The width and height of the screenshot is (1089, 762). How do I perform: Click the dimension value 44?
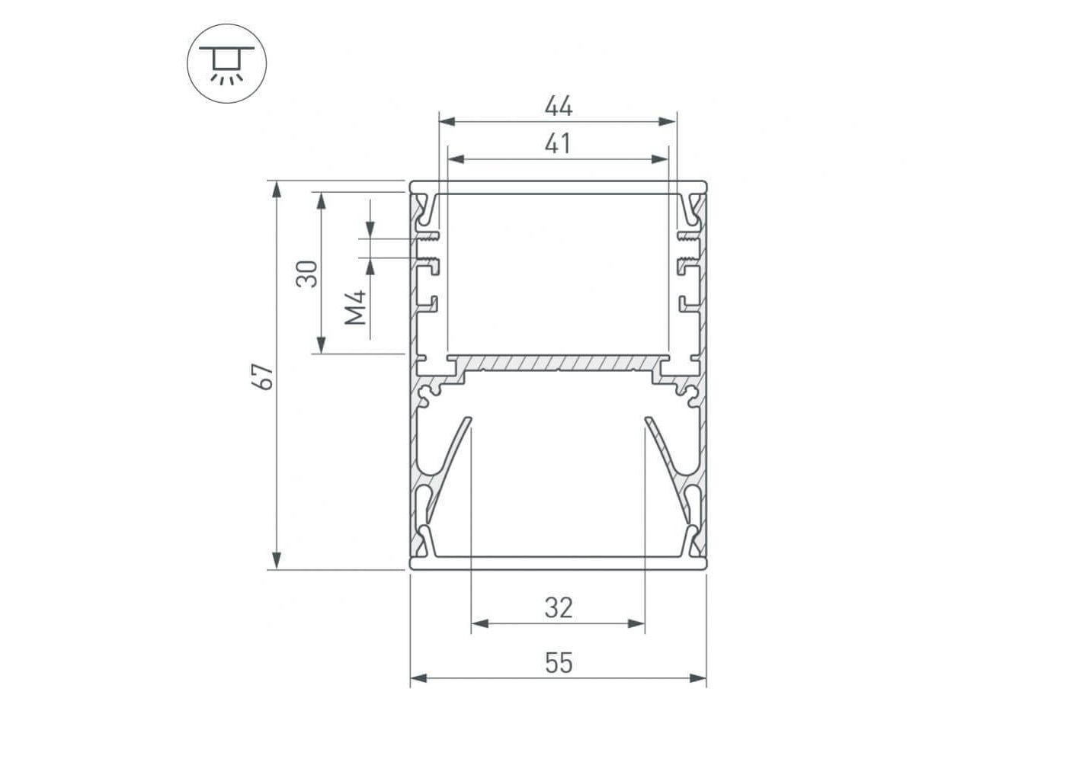pyautogui.click(x=559, y=106)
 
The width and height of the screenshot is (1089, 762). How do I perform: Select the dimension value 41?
pyautogui.click(x=557, y=144)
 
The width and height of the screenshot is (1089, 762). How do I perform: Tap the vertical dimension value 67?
pyautogui.click(x=263, y=376)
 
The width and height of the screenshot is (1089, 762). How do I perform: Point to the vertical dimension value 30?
pyautogui.click(x=307, y=274)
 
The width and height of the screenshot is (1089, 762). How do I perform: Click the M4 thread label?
pyautogui.click(x=356, y=307)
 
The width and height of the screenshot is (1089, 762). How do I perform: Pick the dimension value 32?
pyautogui.click(x=559, y=608)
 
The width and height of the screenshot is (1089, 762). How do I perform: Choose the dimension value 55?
pyautogui.click(x=559, y=663)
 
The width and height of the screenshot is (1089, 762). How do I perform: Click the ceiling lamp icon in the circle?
pyautogui.click(x=226, y=65)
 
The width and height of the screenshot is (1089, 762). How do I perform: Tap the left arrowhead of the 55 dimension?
pyautogui.click(x=418, y=678)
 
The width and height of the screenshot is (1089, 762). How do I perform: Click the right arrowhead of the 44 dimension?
pyautogui.click(x=668, y=121)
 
